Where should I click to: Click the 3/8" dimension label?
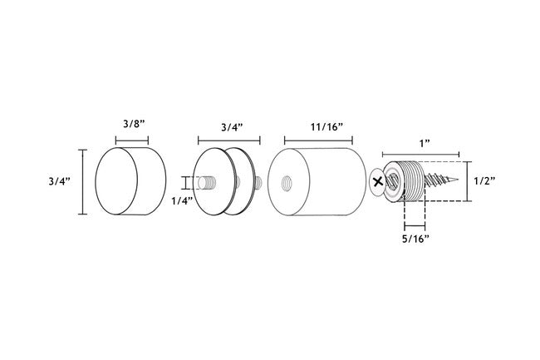point(134,124)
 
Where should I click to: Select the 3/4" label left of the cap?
point(61,181)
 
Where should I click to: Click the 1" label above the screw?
point(424,143)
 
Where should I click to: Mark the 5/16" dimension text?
point(415,239)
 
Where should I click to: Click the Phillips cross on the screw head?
point(379,180)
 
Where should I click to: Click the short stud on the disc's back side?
point(258,181)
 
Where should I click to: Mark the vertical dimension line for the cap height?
point(81,181)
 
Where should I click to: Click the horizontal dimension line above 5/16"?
point(415,225)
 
